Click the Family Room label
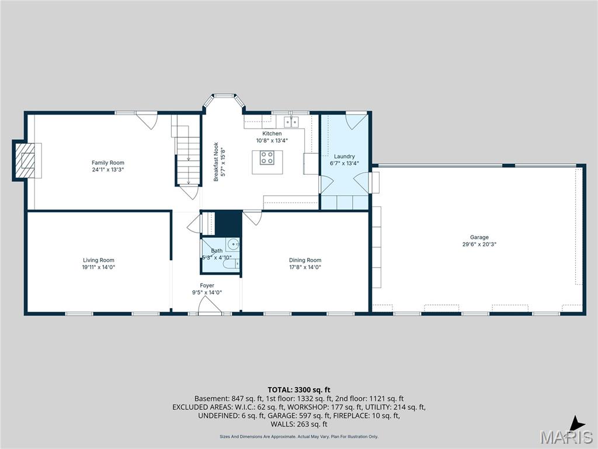107,163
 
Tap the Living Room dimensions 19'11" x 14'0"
98,267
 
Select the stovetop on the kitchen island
267,157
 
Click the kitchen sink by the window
291,122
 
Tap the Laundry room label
344,157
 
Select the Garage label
479,237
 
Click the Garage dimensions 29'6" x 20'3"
479,244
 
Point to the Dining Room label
305,260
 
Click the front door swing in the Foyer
206,305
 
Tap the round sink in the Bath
233,244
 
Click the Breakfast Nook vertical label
215,162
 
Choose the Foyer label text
207,285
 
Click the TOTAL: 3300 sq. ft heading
299,389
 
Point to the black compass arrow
577,423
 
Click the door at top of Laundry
354,121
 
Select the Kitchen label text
272,133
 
